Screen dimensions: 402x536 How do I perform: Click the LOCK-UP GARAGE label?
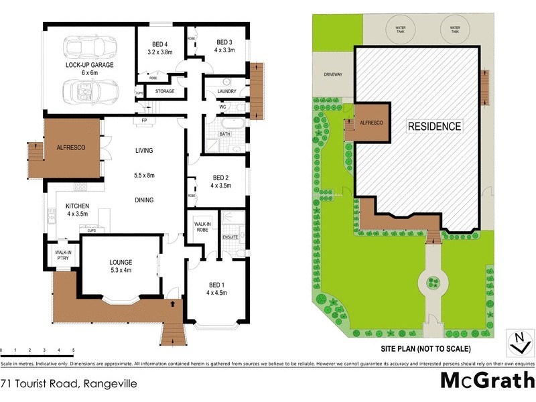point(89,66)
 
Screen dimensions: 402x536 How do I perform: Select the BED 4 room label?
point(160,43)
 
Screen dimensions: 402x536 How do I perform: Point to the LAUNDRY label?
point(227,93)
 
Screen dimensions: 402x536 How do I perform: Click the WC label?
point(222,107)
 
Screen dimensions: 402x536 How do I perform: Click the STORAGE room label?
point(165,91)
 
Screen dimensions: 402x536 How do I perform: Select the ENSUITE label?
point(230,237)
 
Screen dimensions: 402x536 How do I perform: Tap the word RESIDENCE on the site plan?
point(435,126)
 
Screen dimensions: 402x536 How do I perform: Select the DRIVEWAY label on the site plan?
point(333,74)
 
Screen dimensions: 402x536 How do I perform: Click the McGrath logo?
point(486,381)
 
